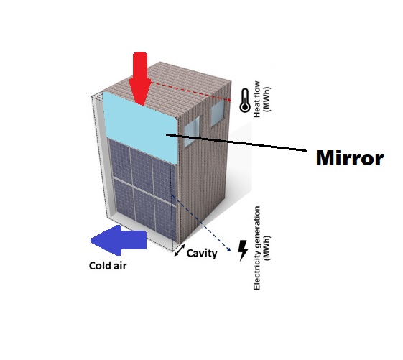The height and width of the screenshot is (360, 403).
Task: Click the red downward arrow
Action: click(x=140, y=77)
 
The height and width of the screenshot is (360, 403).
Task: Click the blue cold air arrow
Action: click(x=119, y=240)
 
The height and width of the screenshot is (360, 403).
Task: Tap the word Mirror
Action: click(x=350, y=158)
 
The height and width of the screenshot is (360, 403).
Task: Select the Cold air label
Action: click(x=108, y=266)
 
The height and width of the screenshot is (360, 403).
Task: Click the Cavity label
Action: click(x=202, y=253)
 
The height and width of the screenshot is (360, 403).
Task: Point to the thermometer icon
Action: click(x=245, y=101)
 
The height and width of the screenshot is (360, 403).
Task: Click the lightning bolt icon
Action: click(x=243, y=251)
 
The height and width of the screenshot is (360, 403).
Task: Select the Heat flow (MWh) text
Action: click(x=261, y=99)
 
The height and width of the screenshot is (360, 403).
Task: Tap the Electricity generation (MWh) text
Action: click(x=261, y=248)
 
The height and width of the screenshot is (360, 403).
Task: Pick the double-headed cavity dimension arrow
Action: click(x=180, y=250)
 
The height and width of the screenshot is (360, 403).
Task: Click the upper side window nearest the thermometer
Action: click(x=218, y=113)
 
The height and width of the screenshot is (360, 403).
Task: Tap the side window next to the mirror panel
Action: click(x=192, y=131)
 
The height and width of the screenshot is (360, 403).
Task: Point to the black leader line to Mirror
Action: click(x=236, y=142)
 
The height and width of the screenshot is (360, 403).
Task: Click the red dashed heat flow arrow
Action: click(x=191, y=91)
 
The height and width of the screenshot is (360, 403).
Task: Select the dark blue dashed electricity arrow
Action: click(x=201, y=223)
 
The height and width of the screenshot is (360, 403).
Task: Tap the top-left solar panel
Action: click(x=120, y=161)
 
